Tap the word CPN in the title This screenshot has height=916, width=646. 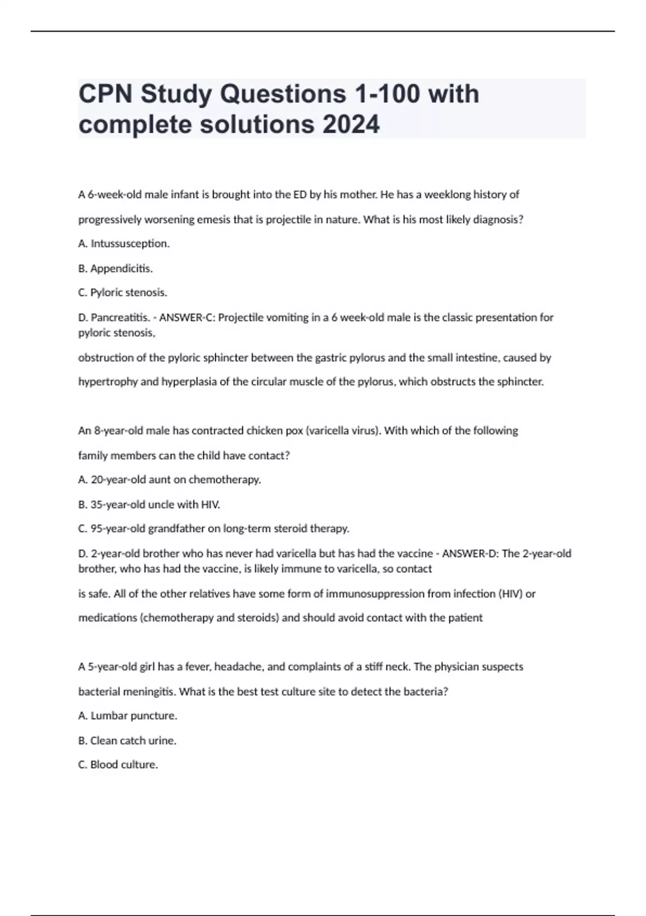(x=106, y=94)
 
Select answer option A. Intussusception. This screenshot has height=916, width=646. (x=124, y=244)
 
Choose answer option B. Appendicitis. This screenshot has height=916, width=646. (x=116, y=268)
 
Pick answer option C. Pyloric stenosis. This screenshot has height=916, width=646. (x=123, y=293)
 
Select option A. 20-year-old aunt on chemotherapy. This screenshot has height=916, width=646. (x=170, y=480)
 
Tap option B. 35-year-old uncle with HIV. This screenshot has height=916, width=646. (x=149, y=504)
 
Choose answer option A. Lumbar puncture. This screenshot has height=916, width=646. (x=128, y=716)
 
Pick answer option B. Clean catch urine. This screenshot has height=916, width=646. (x=128, y=740)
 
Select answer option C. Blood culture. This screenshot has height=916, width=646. (x=118, y=765)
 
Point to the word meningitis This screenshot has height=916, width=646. (x=148, y=691)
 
